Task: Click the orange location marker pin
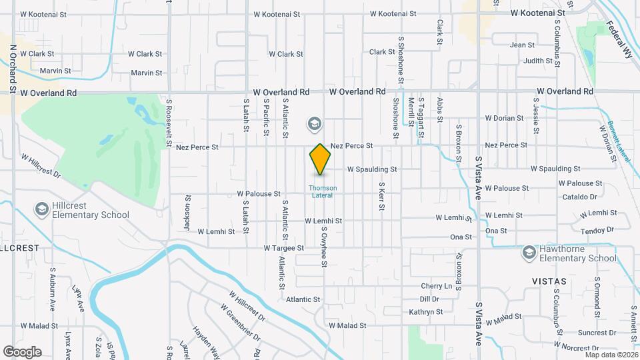(x=321, y=159)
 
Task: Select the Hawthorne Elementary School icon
(x=529, y=253)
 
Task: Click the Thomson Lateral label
(x=323, y=191)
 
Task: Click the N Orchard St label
(x=13, y=69)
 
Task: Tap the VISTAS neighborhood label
(x=549, y=281)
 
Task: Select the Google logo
(x=22, y=352)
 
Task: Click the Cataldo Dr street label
(x=579, y=197)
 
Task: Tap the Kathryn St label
(x=426, y=312)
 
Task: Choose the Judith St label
(x=539, y=61)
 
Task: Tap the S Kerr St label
(x=381, y=197)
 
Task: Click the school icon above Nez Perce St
(x=314, y=124)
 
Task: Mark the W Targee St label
(x=283, y=247)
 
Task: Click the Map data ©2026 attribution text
(x=611, y=355)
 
